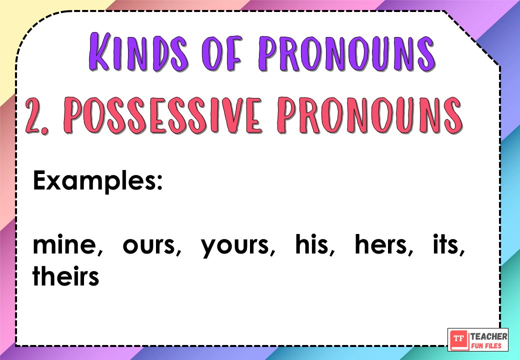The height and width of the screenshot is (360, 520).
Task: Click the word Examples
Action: [x=95, y=180]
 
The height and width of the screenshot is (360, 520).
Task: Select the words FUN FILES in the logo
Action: [x=488, y=345]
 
